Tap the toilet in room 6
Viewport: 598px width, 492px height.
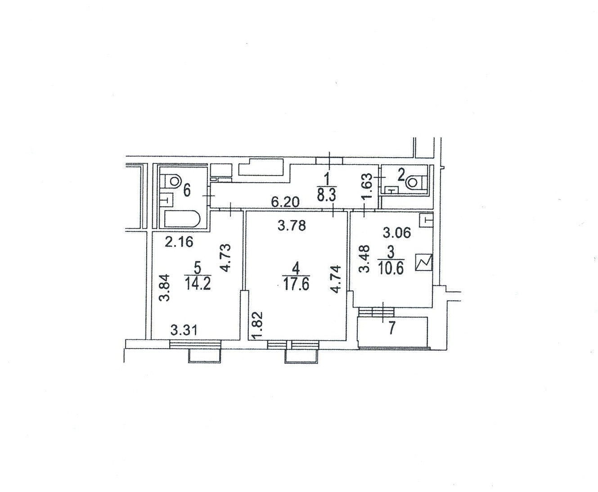tap(173, 181)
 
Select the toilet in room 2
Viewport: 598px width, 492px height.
tap(414, 182)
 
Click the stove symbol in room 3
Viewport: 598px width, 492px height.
tap(424, 262)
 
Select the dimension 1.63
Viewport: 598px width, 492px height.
tap(367, 184)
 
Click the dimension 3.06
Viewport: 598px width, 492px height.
tap(396, 233)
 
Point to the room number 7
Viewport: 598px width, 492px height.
tap(391, 329)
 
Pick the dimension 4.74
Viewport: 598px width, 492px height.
tap(336, 280)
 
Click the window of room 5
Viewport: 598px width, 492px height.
tap(195, 344)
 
